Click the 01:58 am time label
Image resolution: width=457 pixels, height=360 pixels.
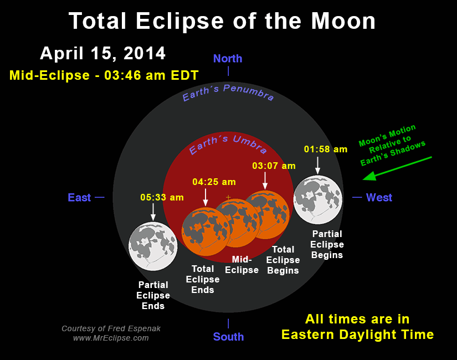[x=326, y=149]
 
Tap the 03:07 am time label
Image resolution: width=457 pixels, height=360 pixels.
[x=274, y=166]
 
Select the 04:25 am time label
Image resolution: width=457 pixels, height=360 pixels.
[x=214, y=182]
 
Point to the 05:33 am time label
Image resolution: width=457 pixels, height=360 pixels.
[x=162, y=197]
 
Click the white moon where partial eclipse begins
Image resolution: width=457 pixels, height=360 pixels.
[x=318, y=198]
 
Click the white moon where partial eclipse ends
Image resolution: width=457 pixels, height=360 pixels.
[x=152, y=246]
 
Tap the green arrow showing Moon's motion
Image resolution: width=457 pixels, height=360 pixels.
[x=396, y=168]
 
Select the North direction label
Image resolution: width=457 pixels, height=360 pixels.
[x=227, y=59]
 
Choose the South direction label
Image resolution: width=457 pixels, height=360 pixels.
[x=228, y=336]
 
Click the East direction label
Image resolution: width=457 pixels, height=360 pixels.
[x=79, y=197]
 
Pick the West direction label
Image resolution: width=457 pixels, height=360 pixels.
[x=379, y=197]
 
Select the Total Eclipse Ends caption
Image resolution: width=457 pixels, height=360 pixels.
[x=203, y=279]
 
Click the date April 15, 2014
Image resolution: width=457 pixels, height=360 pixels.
[x=102, y=53]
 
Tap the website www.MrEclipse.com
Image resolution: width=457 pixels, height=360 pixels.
[x=111, y=338]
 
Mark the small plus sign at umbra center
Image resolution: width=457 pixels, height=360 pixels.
[x=228, y=197]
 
